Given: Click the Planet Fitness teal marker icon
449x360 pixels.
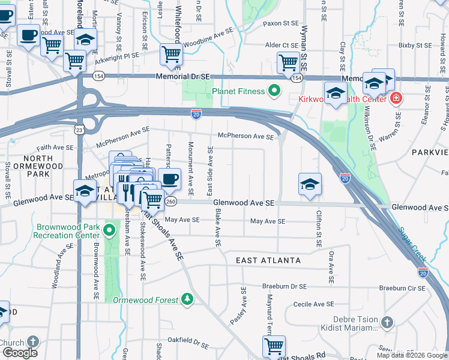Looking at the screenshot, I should click(x=274, y=91).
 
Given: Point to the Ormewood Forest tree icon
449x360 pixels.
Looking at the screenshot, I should click(x=187, y=299).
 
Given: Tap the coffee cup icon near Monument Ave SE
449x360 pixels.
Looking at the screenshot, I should click(x=170, y=178).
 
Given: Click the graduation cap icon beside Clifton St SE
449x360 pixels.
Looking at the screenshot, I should click(x=309, y=184).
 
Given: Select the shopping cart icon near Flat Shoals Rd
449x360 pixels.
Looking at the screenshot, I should click(x=274, y=346).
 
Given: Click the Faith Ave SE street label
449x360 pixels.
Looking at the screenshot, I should click(x=55, y=148).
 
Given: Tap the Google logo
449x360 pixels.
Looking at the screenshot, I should click(x=19, y=353).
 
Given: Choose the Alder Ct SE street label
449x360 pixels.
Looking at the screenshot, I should click(x=282, y=45).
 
